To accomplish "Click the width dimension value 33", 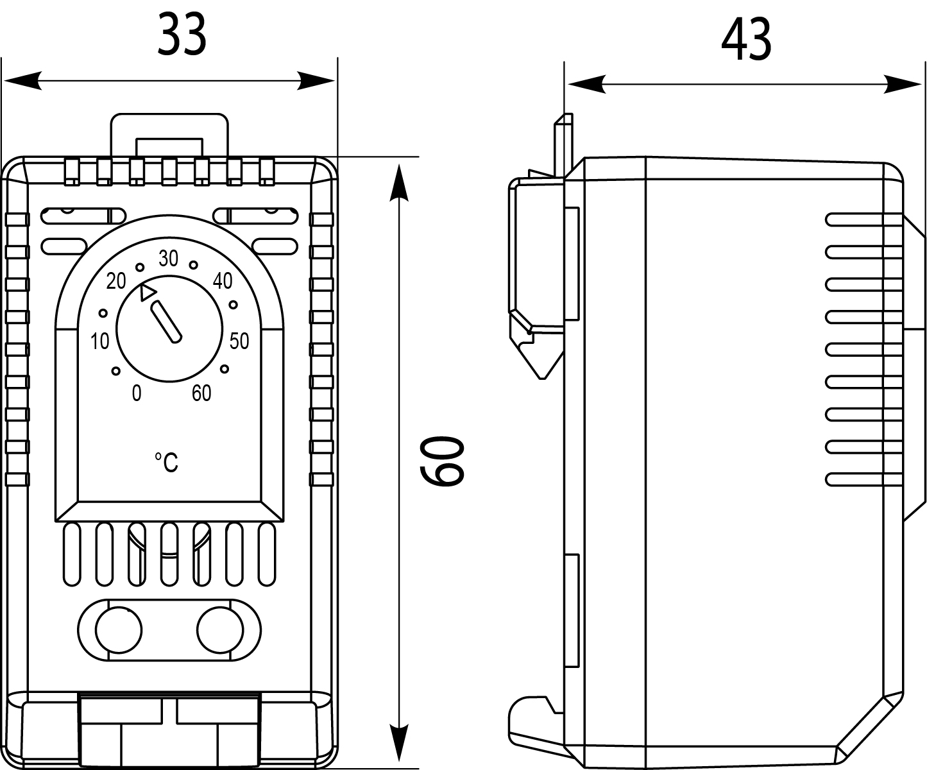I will point(182,35).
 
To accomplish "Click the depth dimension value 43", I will point(745,40).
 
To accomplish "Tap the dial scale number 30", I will point(168,259).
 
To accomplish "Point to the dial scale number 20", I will point(116,281).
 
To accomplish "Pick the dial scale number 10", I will point(99,342).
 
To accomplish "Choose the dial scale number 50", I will point(239,341).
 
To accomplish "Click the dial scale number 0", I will point(136,393).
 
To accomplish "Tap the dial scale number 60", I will point(201,393).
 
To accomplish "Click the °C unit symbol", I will point(167,462).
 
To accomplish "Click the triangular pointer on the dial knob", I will point(147,292).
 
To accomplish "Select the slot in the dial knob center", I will point(166,322).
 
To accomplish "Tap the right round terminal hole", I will point(219,629).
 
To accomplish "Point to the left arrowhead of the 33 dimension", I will point(23,81).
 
